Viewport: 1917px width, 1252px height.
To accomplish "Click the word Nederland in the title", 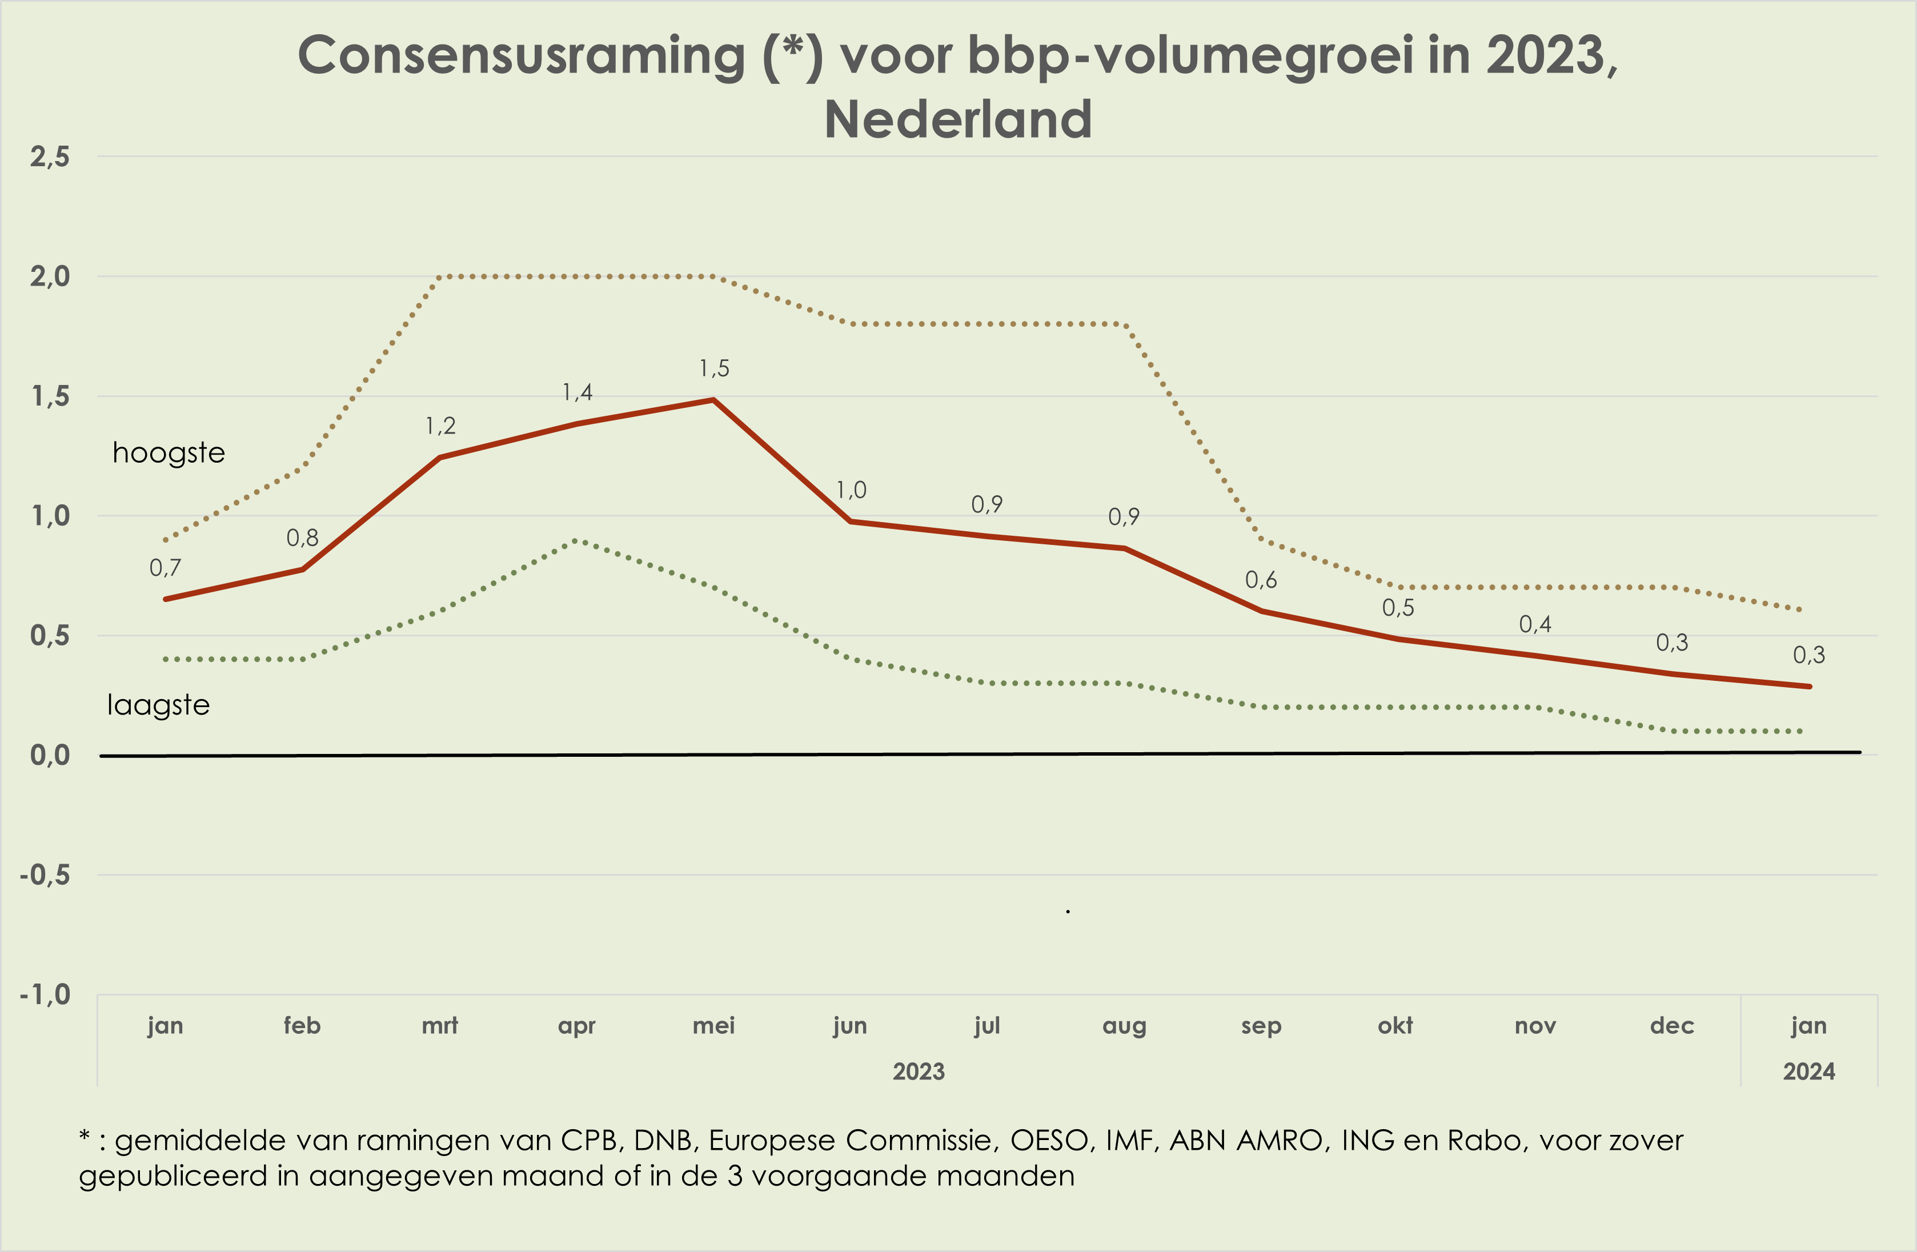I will point(958,119).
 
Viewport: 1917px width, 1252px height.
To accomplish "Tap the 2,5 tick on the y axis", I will point(50,157).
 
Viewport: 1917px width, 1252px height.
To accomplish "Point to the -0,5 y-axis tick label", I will point(45,874).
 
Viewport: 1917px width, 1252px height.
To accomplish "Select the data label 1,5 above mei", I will point(713,369).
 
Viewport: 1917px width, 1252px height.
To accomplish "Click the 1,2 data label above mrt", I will point(440,426).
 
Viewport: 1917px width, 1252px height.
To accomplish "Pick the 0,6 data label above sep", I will point(1261,580).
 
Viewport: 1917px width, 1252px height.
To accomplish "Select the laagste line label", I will point(159,705).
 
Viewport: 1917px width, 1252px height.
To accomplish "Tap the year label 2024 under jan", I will point(1808,1072).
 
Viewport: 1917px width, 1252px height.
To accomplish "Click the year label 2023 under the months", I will point(918,1072).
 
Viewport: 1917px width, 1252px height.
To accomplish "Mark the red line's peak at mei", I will point(713,399).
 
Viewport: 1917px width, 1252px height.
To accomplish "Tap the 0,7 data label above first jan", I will point(165,568).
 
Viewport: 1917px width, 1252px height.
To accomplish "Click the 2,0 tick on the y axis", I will point(50,277).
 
